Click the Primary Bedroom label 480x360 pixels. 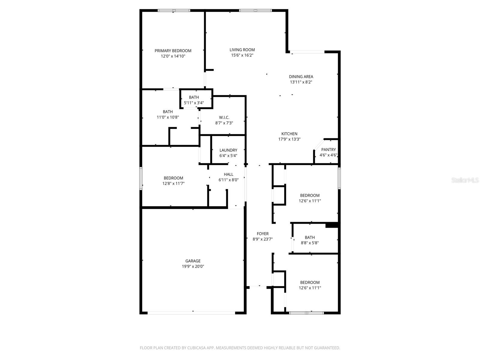[173, 51]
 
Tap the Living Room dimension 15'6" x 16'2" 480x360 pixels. [242, 55]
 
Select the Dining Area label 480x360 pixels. [301, 76]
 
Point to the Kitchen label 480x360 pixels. [289, 134]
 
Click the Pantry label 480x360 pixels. [328, 150]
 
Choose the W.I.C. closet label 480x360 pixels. [224, 117]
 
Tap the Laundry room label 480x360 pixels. [228, 150]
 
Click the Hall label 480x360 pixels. [228, 174]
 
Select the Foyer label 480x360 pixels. [262, 234]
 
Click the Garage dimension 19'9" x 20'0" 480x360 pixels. [193, 266]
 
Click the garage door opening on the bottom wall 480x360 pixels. [191, 313]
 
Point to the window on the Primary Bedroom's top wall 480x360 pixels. [174, 10]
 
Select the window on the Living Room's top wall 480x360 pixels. [255, 10]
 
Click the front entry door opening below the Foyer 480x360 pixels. [259, 287]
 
